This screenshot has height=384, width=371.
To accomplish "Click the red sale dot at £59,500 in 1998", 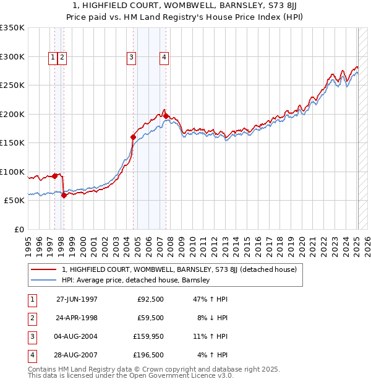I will pyautogui.click(x=64, y=195).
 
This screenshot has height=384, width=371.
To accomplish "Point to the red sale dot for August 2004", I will pyautogui.click(x=133, y=137).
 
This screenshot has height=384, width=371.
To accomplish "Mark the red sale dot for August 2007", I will pyautogui.click(x=166, y=116).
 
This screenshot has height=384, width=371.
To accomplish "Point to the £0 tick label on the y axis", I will pyautogui.click(x=18, y=229).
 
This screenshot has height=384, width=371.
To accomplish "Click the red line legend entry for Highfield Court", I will pyautogui.click(x=179, y=269).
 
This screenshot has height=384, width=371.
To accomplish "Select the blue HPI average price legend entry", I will pyautogui.click(x=135, y=280).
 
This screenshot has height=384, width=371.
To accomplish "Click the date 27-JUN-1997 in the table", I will pyautogui.click(x=77, y=299).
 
